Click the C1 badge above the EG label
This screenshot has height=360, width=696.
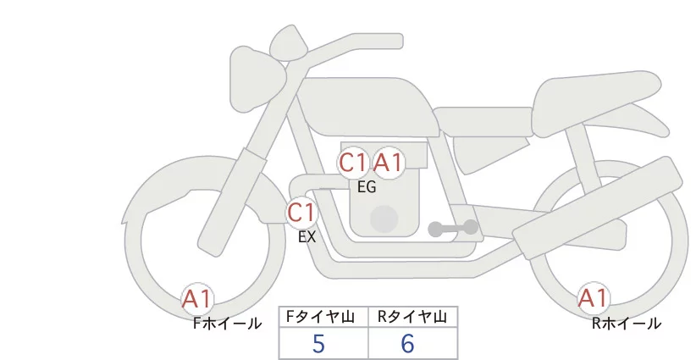[353, 163]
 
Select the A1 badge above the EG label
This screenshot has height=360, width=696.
[389, 163]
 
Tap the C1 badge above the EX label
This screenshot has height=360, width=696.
[301, 212]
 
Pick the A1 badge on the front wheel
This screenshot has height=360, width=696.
[197, 299]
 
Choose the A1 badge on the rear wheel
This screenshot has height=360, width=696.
[593, 298]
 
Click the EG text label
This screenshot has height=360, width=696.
[367, 187]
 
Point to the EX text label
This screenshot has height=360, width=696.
[307, 237]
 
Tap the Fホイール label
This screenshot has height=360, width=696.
[227, 324]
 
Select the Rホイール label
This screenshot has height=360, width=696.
[627, 324]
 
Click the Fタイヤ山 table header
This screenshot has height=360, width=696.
[321, 317]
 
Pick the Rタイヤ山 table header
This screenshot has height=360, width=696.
[412, 317]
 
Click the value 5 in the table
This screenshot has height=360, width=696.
[318, 344]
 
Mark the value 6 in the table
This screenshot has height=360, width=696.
[407, 344]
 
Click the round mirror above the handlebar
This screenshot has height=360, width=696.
[289, 42]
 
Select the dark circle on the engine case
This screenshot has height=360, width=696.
[384, 219]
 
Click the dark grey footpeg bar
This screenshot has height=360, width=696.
[453, 228]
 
